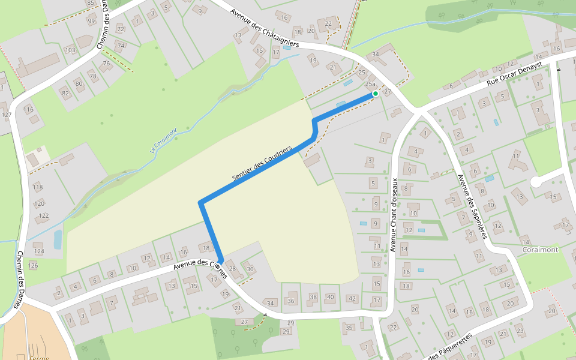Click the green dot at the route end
375,94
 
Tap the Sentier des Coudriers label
262,163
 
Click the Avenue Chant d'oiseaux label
394,215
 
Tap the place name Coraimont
540,250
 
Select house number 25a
371,85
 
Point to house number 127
6,114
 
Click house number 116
28,109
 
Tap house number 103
70,50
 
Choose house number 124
39,251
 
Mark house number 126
33,265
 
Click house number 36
291,301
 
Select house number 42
352,299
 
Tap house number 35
349,328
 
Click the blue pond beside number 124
58,239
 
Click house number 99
91,21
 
